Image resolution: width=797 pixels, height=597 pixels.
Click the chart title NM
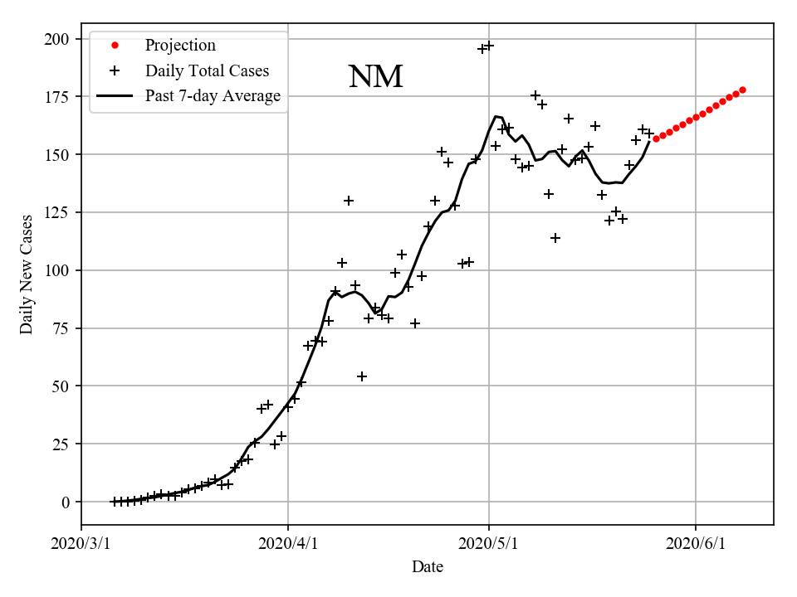pos(375,77)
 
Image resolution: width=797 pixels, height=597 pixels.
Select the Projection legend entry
pos(180,46)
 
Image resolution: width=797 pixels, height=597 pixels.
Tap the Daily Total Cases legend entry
pos(207,71)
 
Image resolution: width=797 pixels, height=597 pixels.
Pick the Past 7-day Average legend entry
pos(213,96)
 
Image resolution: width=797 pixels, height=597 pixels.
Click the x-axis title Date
pos(428,568)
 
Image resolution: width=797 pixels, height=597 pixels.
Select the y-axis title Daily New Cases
pos(27,274)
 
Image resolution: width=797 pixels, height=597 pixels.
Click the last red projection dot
pos(742,90)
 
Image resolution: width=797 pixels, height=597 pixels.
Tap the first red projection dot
pos(656,138)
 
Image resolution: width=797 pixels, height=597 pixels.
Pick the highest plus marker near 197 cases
pos(489,46)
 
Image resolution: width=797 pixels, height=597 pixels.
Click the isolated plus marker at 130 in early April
pos(349,201)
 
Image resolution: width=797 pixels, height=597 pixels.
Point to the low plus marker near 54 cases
pos(362,376)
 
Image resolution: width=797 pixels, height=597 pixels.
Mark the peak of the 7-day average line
pos(496,117)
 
